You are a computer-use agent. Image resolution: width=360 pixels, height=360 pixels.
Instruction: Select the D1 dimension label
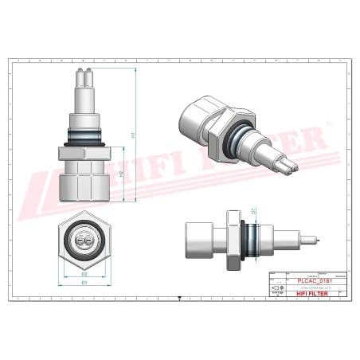tap(84, 282)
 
